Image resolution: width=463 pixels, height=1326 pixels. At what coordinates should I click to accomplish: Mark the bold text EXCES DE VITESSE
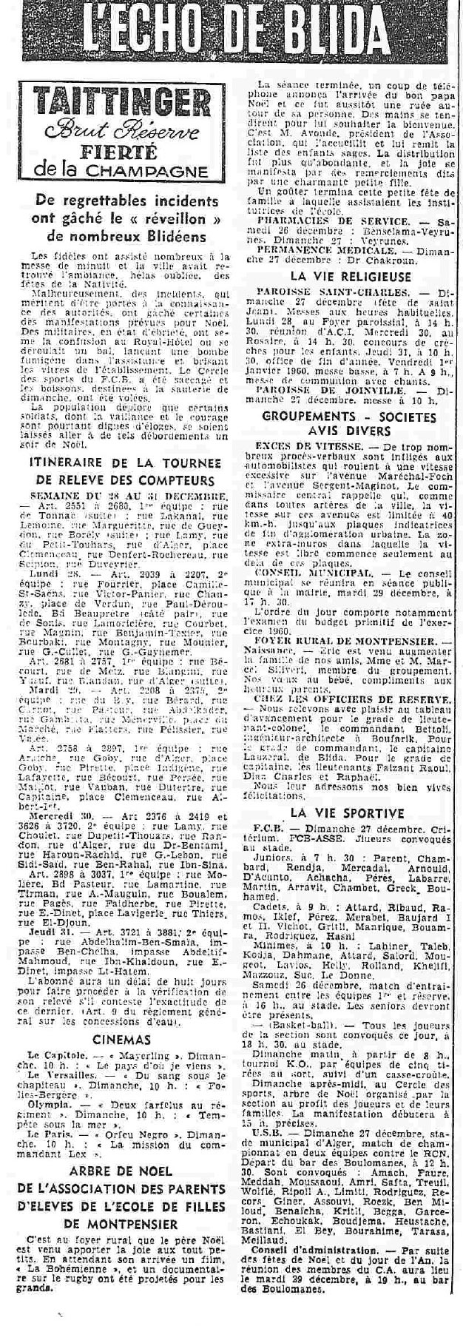tap(300, 447)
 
